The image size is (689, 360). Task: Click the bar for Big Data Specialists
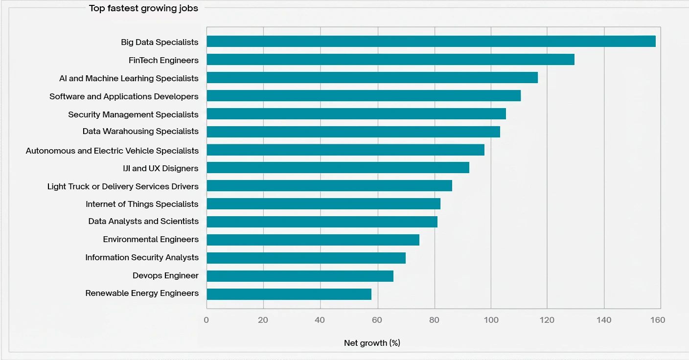[431, 42]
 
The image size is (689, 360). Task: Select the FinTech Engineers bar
[390, 60]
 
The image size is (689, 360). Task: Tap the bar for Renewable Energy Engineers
[289, 294]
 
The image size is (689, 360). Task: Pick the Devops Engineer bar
[299, 276]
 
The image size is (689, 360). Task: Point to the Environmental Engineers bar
[313, 240]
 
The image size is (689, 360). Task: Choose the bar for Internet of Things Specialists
[323, 203]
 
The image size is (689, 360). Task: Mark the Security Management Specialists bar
[356, 114]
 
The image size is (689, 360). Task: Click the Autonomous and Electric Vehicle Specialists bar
[345, 150]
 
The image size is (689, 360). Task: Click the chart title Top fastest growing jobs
[143, 8]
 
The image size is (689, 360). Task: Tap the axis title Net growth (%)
[372, 343]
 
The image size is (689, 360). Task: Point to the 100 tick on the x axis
[491, 320]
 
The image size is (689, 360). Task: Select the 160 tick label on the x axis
[658, 320]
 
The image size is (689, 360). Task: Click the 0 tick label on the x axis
[206, 320]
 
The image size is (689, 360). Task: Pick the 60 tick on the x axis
[377, 320]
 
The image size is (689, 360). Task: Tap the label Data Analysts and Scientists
[143, 222]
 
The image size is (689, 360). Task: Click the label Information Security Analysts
[142, 258]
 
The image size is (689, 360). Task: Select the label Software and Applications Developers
[124, 96]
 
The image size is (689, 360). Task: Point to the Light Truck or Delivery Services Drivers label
[123, 186]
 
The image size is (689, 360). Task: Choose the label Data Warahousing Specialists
[140, 132]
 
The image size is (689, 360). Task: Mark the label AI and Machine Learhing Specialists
[129, 78]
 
